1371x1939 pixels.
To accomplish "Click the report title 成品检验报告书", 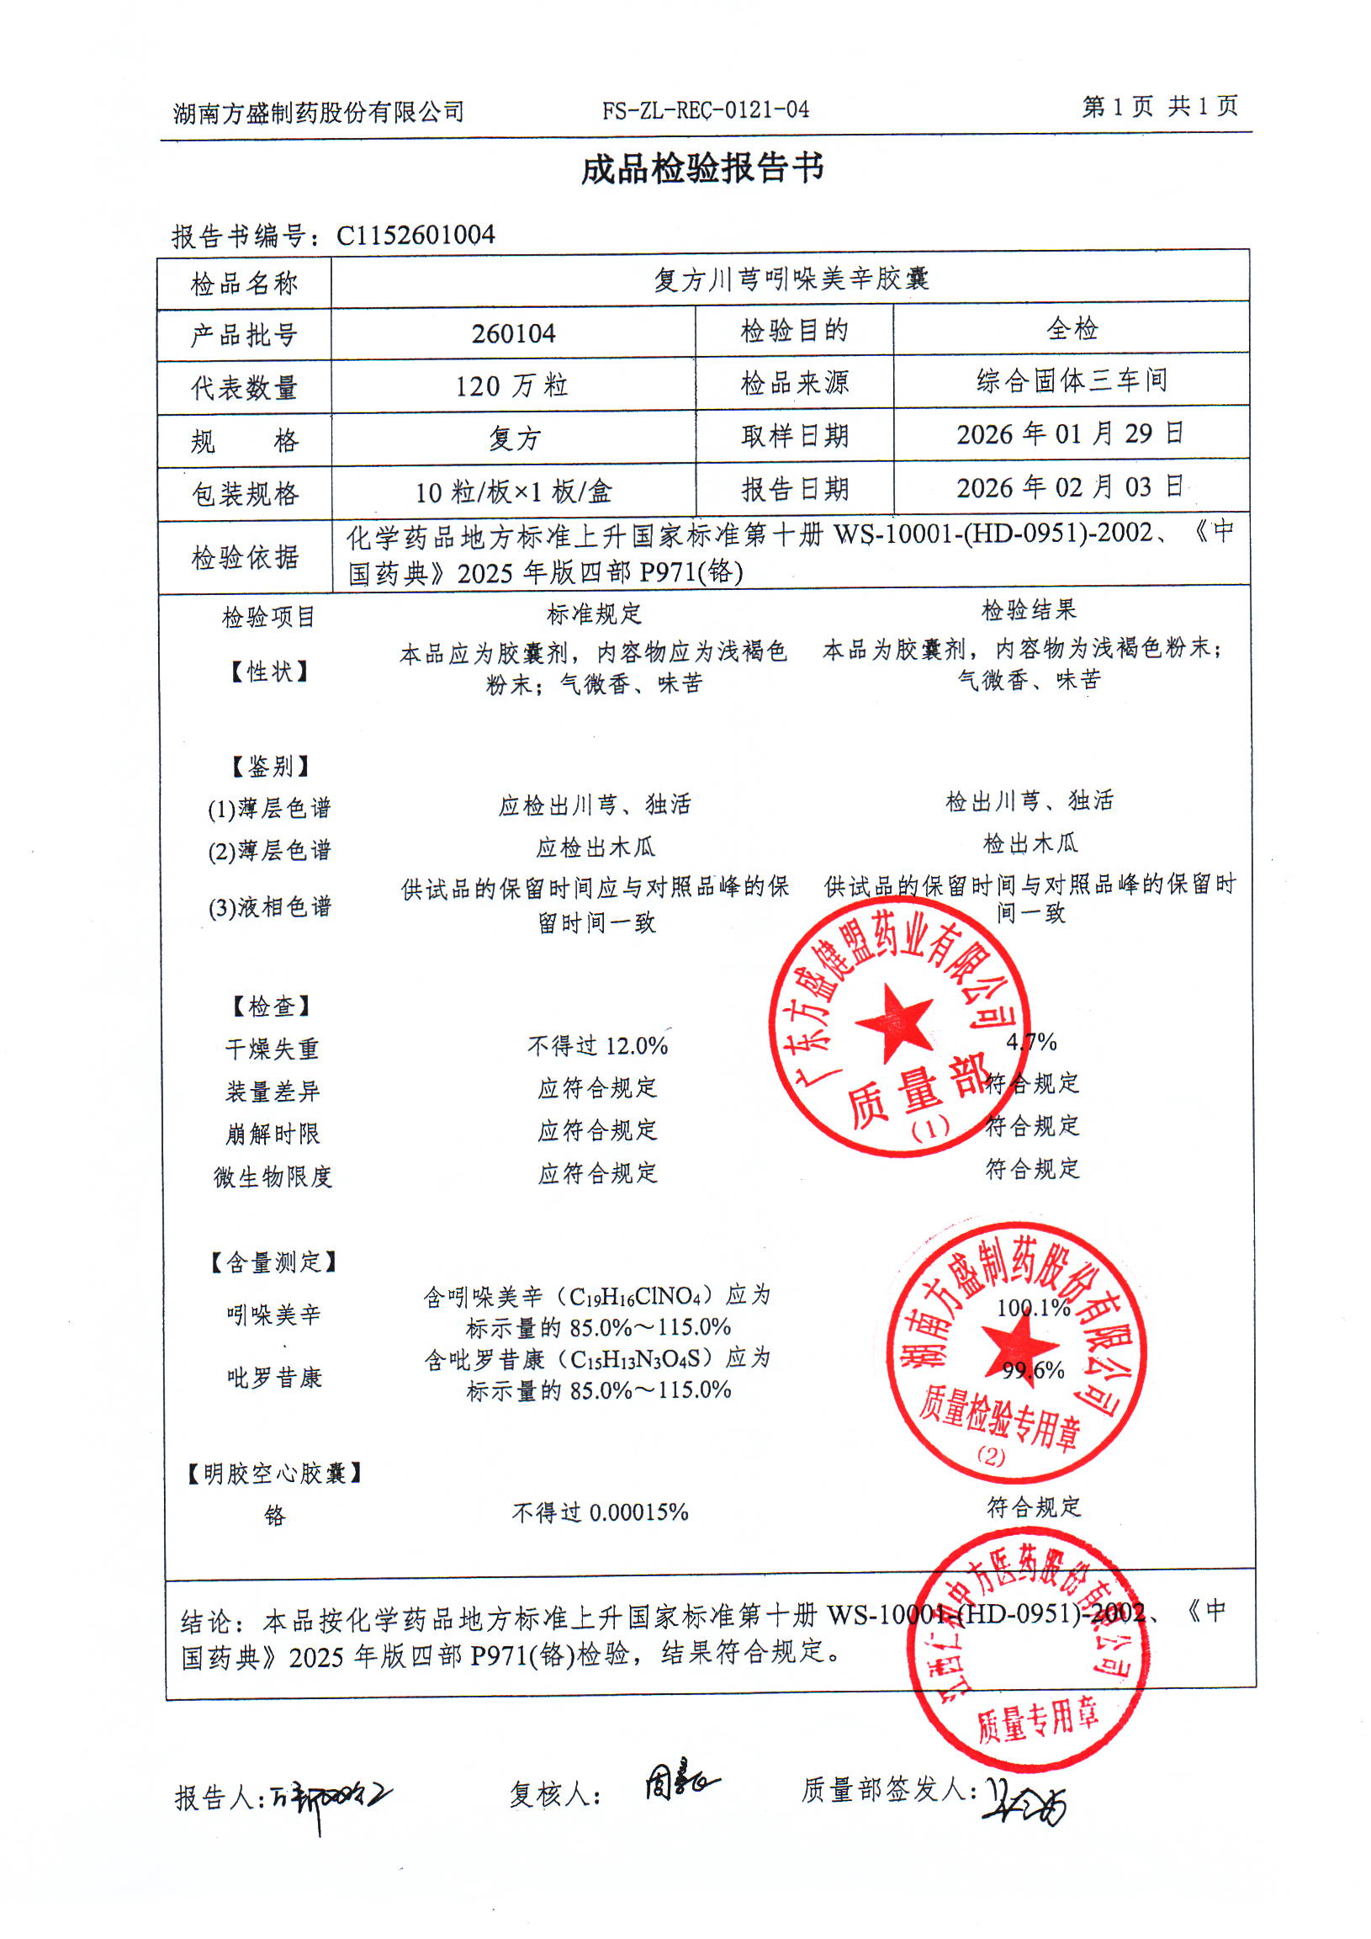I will [x=701, y=169].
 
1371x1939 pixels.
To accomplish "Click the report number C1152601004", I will [x=416, y=235].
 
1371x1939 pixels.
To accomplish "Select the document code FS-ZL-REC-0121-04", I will [x=705, y=109].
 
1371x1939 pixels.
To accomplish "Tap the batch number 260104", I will [x=513, y=333].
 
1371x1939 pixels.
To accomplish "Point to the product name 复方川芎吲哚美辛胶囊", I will [x=791, y=279].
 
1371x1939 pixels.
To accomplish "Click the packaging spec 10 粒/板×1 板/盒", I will [x=512, y=491].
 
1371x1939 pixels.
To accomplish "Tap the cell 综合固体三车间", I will [x=1072, y=381].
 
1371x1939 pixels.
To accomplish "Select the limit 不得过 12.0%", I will [x=597, y=1046].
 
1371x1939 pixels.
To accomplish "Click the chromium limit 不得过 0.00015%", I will [x=600, y=1511].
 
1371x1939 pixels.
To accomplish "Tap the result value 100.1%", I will [x=1034, y=1308].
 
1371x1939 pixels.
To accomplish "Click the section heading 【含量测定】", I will [x=273, y=1262].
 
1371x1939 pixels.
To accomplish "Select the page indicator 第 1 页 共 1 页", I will [x=1160, y=106].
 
